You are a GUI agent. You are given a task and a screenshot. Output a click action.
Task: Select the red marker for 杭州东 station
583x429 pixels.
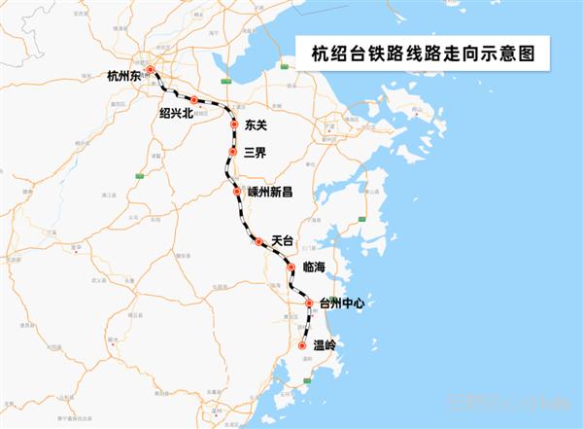151,70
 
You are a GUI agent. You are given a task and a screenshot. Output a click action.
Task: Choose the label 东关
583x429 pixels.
257,125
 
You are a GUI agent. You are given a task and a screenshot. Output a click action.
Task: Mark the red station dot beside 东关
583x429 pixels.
235,125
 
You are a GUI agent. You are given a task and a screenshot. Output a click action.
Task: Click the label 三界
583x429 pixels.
255,152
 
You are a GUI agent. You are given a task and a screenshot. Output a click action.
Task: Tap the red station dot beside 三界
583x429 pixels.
233,152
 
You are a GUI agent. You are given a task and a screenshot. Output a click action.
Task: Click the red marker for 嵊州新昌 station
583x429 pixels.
237,193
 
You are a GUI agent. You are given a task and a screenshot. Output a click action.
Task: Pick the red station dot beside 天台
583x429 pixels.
258,242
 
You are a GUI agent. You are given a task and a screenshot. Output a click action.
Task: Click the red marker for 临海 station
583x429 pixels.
291,268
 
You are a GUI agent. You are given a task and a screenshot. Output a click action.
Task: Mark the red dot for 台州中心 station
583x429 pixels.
310,304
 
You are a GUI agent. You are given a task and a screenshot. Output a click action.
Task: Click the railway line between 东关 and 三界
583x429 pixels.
234,139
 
